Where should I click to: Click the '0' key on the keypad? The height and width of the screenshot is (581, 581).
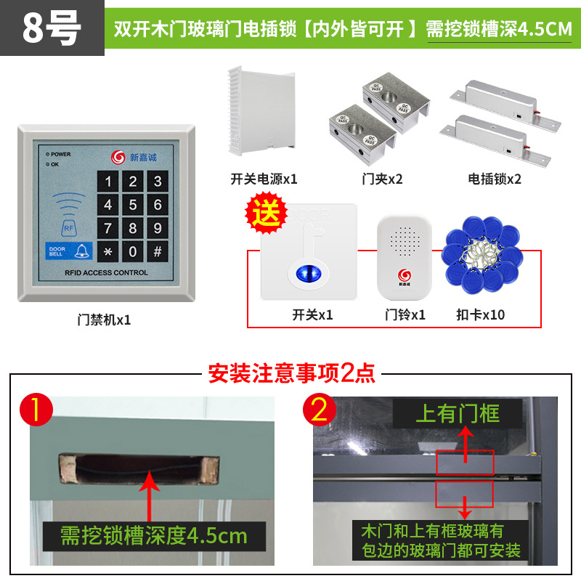(x=132, y=252)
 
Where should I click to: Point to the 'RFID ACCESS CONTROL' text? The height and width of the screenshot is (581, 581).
(x=106, y=273)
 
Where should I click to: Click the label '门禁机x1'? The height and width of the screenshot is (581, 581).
(x=105, y=320)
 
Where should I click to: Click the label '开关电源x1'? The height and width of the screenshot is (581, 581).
(x=264, y=179)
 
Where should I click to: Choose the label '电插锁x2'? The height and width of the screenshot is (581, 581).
(x=495, y=179)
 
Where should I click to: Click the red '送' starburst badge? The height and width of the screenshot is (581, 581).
(x=265, y=214)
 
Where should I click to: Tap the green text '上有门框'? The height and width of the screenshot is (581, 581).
(x=458, y=415)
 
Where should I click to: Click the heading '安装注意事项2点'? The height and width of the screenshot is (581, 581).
(x=292, y=373)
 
